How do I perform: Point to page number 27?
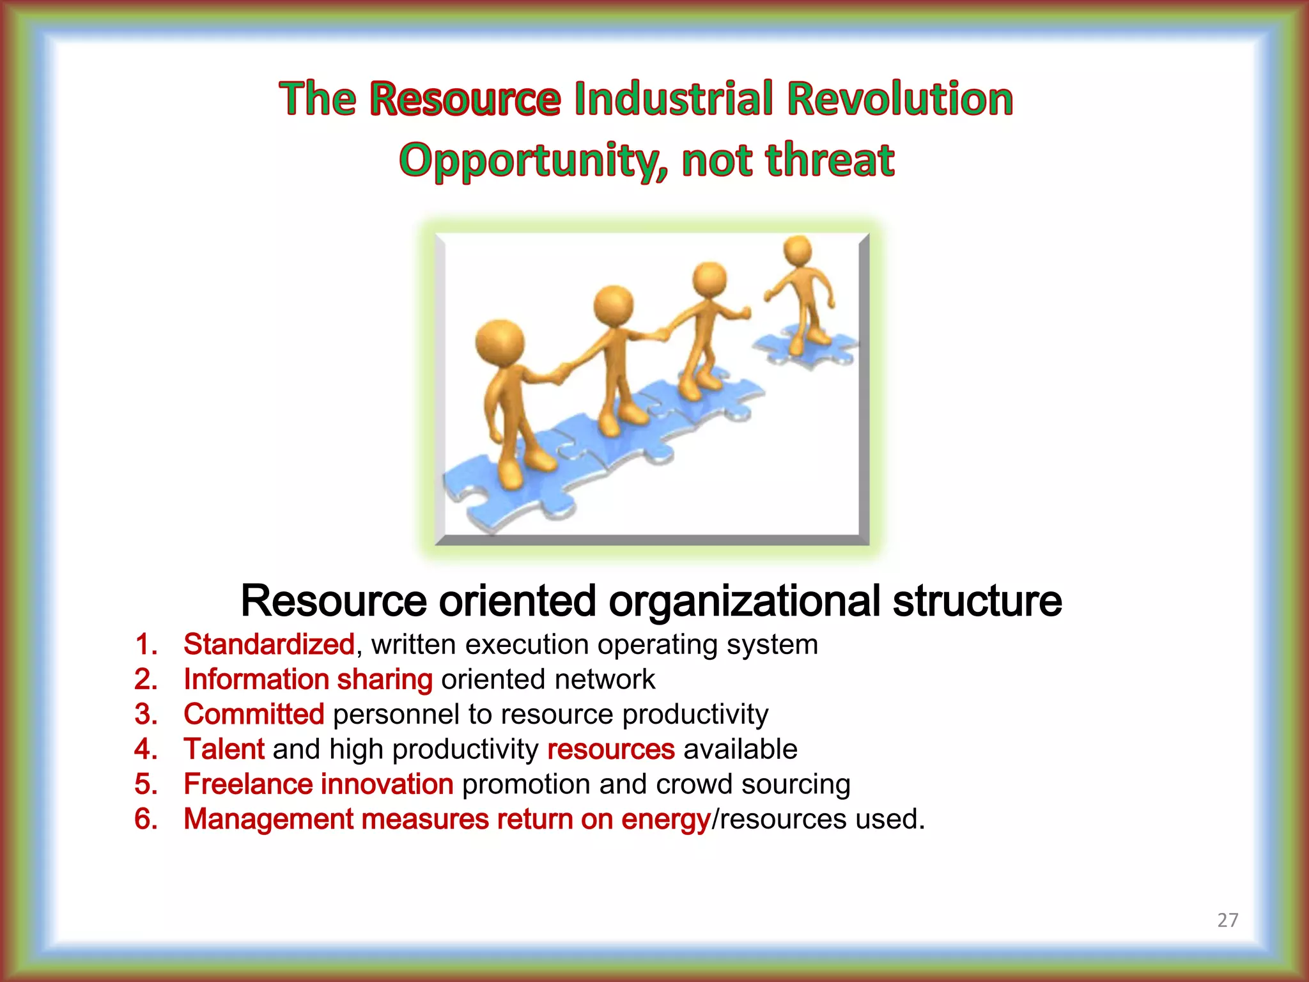click(1227, 920)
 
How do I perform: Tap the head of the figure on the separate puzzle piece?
click(797, 250)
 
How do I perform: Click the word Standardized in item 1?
click(268, 644)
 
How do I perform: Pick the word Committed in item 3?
click(254, 714)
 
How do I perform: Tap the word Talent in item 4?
click(224, 749)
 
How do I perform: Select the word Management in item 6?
click(268, 820)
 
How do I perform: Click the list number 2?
click(146, 680)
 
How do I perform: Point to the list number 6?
click(146, 820)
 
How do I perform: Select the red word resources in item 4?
click(610, 749)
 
